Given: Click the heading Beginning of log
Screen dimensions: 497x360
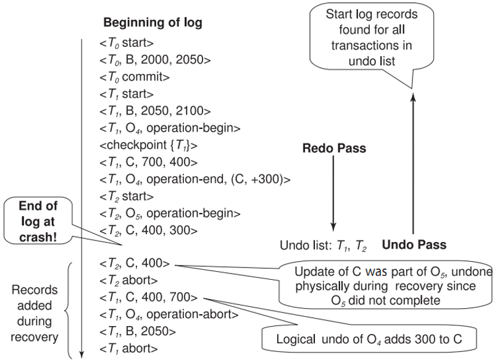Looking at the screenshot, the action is (152, 23).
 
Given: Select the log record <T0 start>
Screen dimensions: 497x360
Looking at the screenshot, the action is (127, 43).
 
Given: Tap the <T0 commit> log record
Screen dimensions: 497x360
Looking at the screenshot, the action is (135, 77).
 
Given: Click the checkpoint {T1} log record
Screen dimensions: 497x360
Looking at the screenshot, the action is (148, 146).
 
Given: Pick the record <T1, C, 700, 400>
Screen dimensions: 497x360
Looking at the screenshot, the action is (148, 162).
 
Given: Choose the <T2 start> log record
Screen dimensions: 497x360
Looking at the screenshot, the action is (127, 197).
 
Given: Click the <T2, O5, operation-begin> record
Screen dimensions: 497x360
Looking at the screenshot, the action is (170, 214).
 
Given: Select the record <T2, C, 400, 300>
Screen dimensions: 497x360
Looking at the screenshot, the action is (148, 230).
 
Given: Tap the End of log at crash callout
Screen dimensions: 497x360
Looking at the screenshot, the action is (38, 222).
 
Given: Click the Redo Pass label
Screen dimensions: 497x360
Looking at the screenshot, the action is (334, 148).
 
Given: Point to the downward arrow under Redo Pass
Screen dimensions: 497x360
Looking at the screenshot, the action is (333, 193).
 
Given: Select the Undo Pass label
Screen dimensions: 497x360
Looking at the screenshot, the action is (414, 245).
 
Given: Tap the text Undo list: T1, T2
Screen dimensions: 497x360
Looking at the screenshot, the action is (323, 246).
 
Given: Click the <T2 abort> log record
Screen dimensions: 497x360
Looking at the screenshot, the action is (128, 280).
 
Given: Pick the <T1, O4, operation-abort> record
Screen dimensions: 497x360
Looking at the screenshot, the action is (169, 314).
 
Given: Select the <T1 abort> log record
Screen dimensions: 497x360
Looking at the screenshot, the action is (128, 349).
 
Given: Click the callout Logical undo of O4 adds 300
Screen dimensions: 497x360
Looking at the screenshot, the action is (369, 339).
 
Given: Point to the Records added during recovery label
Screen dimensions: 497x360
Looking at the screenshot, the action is (34, 314).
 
